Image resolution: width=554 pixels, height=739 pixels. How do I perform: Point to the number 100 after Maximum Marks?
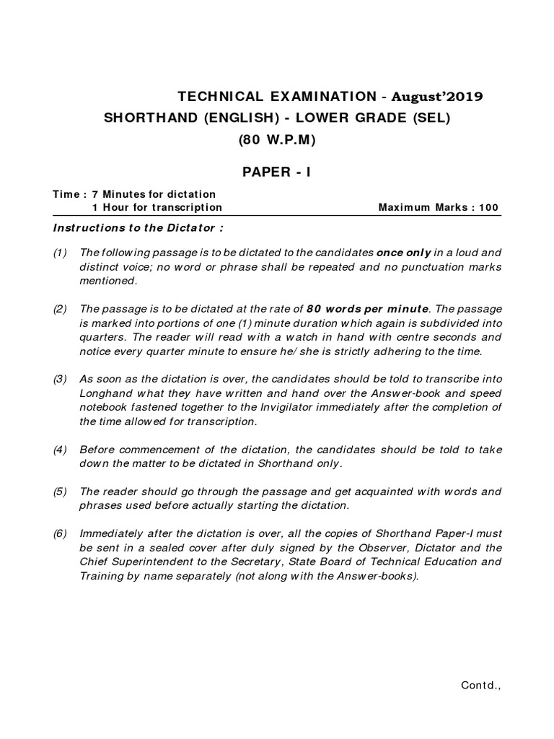click(488, 207)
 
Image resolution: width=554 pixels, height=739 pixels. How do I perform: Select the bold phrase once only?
click(404, 253)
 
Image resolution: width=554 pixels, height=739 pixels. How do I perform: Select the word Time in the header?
click(66, 194)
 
